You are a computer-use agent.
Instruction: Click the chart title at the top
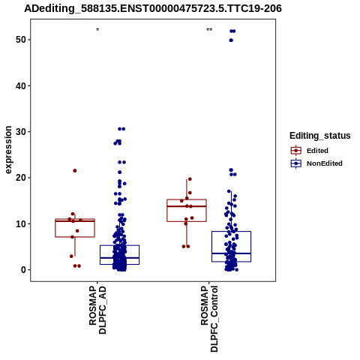pyautogui.click(x=153, y=8)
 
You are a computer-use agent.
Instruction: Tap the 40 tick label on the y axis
pyautogui.click(x=20, y=85)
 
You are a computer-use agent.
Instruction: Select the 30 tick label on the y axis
pyautogui.click(x=20, y=132)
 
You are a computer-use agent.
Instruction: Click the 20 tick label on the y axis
pyautogui.click(x=20, y=178)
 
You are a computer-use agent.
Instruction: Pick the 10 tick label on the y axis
pyautogui.click(x=20, y=223)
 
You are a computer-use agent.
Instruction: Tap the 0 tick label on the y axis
pyautogui.click(x=22, y=270)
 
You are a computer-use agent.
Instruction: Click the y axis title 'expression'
pyautogui.click(x=8, y=150)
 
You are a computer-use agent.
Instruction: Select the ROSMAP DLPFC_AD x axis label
pyautogui.click(x=97, y=310)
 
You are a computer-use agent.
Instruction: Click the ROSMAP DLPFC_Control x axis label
pyautogui.click(x=209, y=319)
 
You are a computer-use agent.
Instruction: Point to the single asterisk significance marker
pyautogui.click(x=97, y=30)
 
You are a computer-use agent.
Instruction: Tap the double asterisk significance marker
pyautogui.click(x=209, y=30)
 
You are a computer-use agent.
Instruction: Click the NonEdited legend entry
pyautogui.click(x=316, y=163)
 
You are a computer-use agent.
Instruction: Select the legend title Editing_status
pyautogui.click(x=320, y=136)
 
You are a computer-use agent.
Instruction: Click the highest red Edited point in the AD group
pyautogui.click(x=75, y=171)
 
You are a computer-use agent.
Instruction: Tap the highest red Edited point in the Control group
pyautogui.click(x=190, y=179)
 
